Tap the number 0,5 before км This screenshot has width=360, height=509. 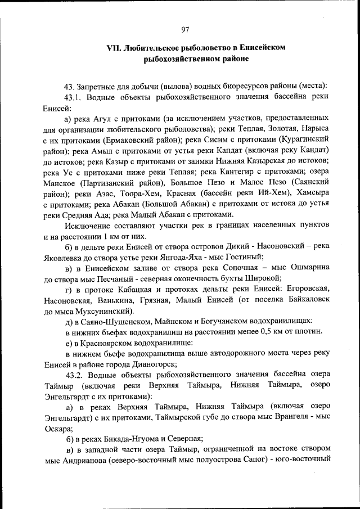(x=249, y=332)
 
